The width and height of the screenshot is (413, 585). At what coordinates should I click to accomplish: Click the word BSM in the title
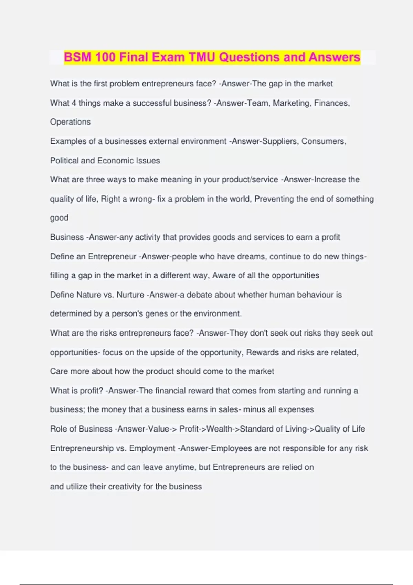[78, 57]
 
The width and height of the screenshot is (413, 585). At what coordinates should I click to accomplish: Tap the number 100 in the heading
[105, 57]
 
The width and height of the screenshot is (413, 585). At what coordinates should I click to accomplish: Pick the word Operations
[70, 122]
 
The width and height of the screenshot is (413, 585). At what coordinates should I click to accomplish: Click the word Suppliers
[279, 141]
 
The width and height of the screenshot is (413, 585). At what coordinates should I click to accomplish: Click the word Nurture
[130, 295]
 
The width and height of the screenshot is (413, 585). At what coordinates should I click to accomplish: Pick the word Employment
[152, 448]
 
